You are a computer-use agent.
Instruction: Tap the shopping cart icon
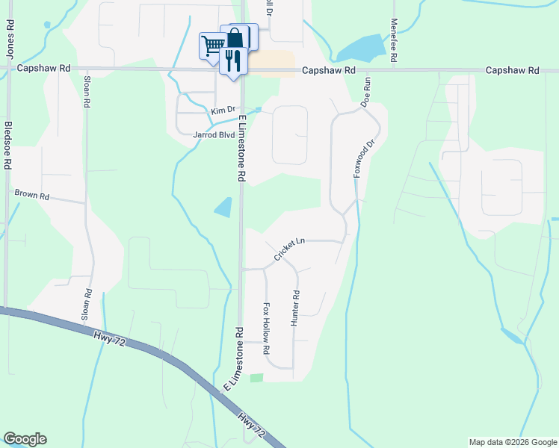(212, 46)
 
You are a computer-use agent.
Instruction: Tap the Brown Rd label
(32, 196)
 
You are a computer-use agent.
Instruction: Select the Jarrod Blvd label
(214, 136)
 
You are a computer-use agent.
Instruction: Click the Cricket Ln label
(289, 249)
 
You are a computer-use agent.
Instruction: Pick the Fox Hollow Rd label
(266, 329)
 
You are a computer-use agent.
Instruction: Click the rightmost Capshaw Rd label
(512, 70)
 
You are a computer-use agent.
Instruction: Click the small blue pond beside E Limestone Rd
(223, 207)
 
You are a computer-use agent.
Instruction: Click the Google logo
(25, 439)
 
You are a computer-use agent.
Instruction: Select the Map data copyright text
(512, 442)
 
